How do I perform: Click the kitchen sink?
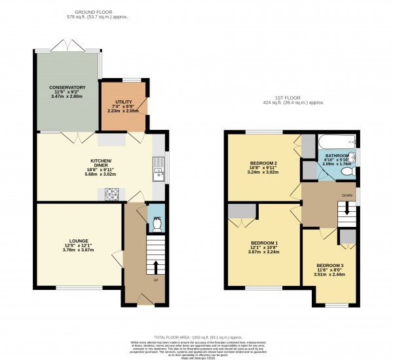(157, 173)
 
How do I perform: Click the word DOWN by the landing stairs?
(347, 195)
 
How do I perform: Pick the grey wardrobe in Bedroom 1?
(242, 210)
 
